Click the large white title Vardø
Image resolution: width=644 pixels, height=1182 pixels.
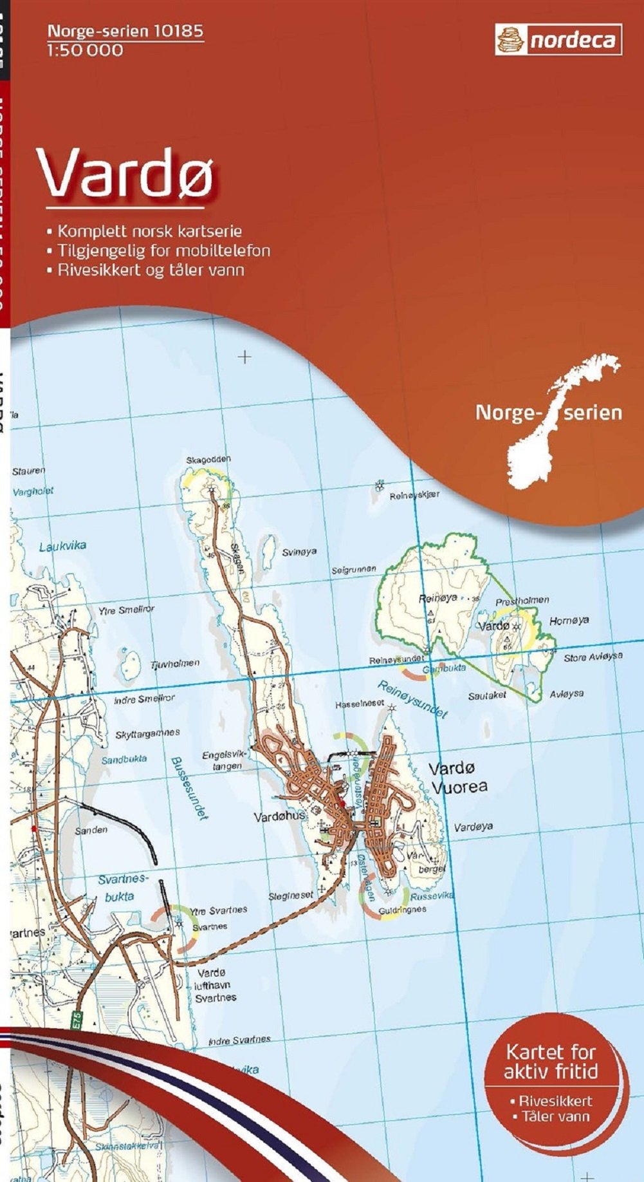(x=126, y=174)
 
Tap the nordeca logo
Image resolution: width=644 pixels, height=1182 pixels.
(x=558, y=40)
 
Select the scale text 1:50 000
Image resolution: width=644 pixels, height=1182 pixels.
(x=84, y=50)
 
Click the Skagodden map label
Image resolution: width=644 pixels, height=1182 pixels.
(x=208, y=460)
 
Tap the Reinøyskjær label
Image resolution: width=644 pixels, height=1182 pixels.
(x=414, y=495)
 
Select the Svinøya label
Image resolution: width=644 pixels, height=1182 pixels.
(x=299, y=552)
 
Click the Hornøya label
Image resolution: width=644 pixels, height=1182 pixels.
(x=569, y=621)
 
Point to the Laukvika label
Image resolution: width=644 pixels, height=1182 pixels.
(x=62, y=547)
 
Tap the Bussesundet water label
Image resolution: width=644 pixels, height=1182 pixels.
(x=189, y=788)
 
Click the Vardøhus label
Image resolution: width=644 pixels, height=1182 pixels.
(x=279, y=817)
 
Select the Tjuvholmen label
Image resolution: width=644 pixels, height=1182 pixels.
(x=175, y=664)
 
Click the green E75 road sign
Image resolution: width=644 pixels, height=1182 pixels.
(x=77, y=1019)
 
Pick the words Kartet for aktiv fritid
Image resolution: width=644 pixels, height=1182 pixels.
(x=551, y=1062)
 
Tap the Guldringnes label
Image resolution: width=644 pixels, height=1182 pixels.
(x=402, y=910)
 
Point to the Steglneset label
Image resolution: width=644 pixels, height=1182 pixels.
(x=291, y=896)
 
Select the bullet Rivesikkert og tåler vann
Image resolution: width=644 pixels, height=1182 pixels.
(x=151, y=270)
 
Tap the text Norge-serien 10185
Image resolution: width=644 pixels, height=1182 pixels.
(x=125, y=30)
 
